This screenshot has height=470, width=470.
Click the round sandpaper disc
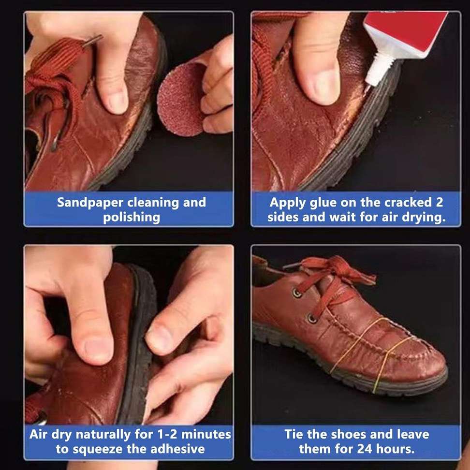(x=179, y=100)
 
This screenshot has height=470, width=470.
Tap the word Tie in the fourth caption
(x=294, y=434)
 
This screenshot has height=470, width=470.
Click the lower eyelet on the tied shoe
(x=312, y=318)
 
